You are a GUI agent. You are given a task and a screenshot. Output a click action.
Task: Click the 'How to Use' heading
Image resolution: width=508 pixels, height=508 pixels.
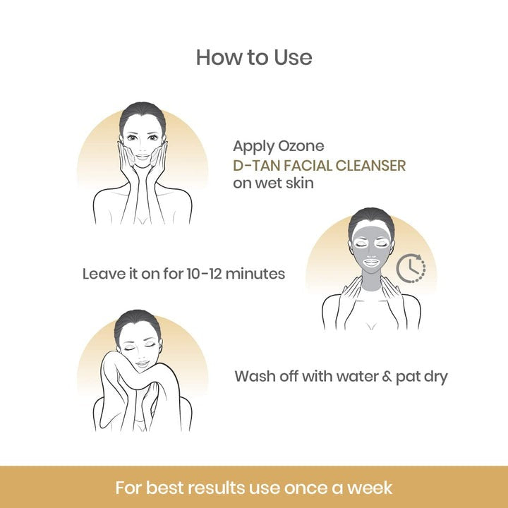tap(254, 57)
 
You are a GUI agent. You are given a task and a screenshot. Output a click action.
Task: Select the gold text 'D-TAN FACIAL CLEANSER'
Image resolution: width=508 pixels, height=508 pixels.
tap(320, 166)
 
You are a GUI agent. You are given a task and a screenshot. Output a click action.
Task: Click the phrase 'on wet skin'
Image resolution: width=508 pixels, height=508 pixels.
tap(273, 183)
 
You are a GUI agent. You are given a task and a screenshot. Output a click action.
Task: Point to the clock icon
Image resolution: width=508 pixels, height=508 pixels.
tap(410, 268)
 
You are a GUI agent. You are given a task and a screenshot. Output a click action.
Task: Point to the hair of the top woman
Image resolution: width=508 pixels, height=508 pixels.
tap(142, 113)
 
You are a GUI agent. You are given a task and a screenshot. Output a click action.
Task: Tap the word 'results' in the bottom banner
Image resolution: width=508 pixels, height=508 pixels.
tap(216, 488)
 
